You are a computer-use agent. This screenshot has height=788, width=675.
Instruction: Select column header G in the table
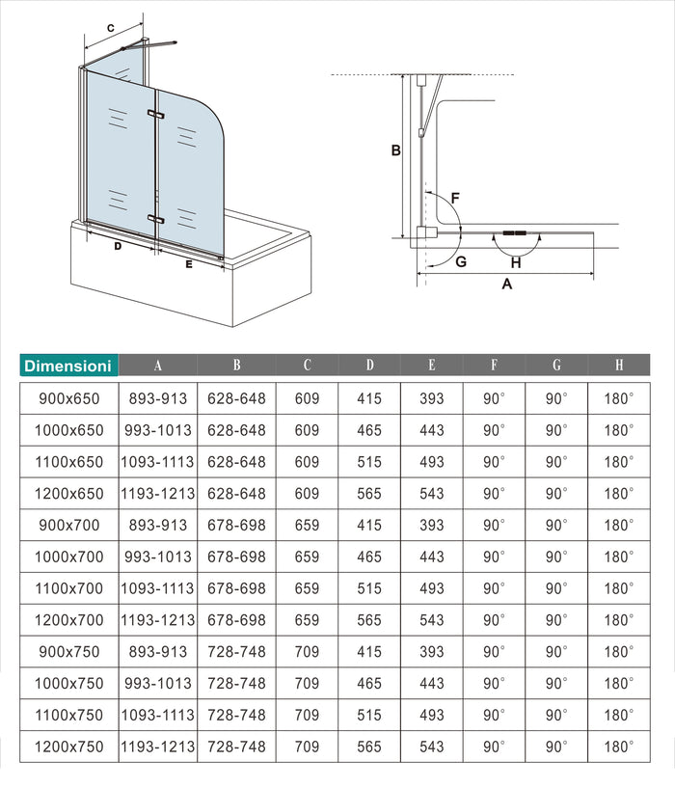(556, 366)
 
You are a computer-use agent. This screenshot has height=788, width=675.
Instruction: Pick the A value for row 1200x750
(157, 747)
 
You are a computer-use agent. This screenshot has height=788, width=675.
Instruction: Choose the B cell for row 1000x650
(236, 430)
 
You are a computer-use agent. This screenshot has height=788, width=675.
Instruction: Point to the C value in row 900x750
(307, 652)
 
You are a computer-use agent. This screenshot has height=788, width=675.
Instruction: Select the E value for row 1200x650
(432, 494)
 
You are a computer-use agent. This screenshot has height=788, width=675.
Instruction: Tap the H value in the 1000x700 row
(619, 557)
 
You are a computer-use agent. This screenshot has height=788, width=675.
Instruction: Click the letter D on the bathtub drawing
(117, 246)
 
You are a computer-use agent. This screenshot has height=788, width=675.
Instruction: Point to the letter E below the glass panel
(189, 263)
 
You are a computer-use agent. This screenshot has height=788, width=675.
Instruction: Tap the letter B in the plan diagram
(394, 150)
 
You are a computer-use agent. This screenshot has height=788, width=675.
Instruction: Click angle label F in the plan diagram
(455, 198)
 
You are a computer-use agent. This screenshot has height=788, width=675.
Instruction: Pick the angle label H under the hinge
(516, 261)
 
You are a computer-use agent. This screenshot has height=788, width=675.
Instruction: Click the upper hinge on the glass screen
(156, 115)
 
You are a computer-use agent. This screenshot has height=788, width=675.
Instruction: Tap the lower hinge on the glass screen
(156, 220)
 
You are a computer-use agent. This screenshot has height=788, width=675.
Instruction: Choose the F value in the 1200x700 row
(494, 620)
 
